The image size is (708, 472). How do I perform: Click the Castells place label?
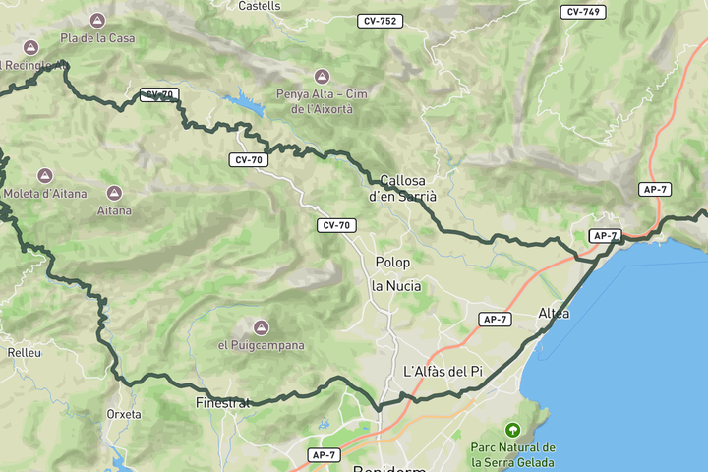point(260,6)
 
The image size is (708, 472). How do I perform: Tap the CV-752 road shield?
point(381,21)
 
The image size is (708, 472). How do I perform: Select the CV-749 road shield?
point(584,12)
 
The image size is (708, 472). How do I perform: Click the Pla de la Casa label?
point(97,38)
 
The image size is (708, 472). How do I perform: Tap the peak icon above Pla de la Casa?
point(97,21)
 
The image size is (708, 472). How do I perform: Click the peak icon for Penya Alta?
point(321,76)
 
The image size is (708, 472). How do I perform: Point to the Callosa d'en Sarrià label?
point(402,188)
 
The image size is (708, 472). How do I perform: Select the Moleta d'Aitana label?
point(45,193)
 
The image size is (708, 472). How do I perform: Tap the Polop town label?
point(392,263)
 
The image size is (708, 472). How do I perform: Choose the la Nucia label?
point(396,286)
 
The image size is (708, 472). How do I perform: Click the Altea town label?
point(554,314)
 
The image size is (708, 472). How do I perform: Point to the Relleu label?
point(24,352)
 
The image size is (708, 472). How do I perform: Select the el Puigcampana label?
point(261,345)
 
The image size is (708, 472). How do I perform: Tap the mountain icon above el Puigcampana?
point(261,326)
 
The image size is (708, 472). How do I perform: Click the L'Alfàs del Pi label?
point(443,371)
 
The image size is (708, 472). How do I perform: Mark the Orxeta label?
point(124,414)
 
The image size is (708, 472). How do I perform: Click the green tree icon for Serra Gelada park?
point(511,430)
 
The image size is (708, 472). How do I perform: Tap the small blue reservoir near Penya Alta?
point(242,100)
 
